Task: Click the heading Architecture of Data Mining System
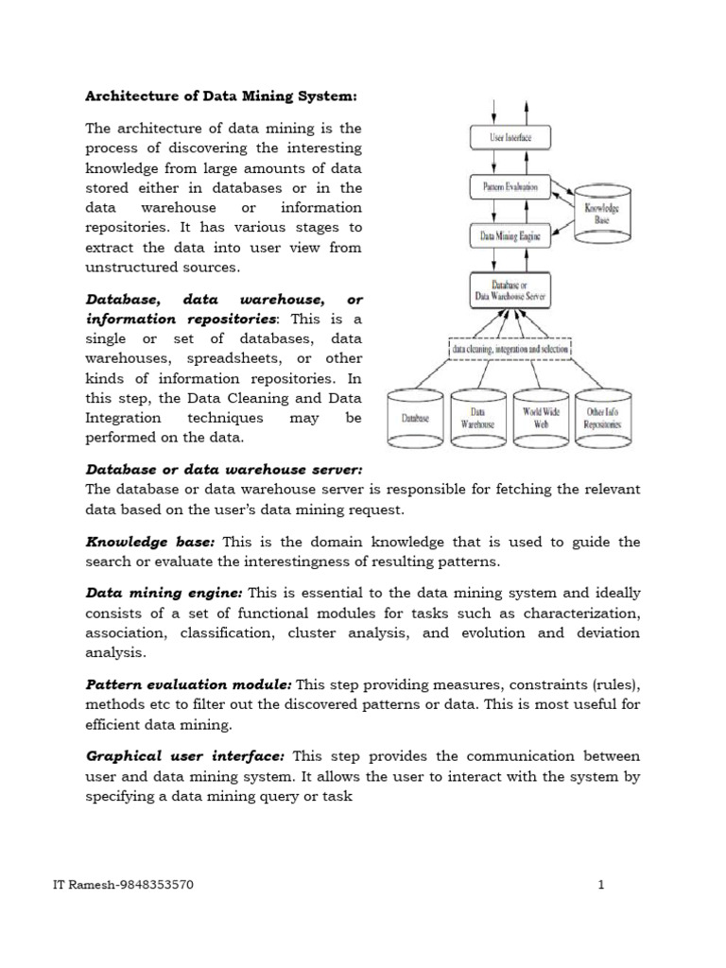[222, 95]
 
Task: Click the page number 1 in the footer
[600, 886]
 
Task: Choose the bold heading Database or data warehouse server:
[224, 470]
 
